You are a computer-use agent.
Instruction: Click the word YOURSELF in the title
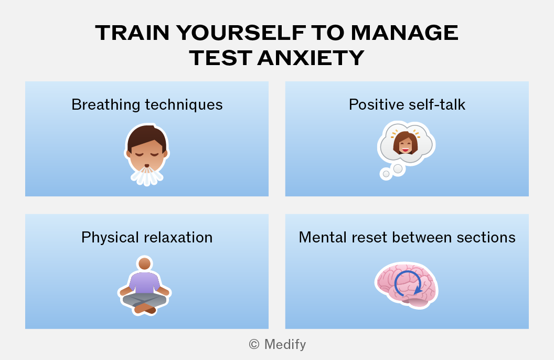pos(241,33)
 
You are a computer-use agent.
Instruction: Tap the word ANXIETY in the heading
pos(311,58)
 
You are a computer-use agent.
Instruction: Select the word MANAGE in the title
pos(404,33)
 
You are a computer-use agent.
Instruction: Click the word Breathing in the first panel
pos(106,105)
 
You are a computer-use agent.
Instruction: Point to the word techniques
pos(184,105)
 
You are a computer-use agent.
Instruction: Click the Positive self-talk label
pos(407,104)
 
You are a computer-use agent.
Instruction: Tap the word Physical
pos(110,238)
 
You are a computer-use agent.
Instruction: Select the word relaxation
pos(178,237)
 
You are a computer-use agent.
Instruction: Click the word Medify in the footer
pos(285,344)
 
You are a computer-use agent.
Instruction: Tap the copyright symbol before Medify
pos(254,344)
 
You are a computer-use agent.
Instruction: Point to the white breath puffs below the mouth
pos(147,176)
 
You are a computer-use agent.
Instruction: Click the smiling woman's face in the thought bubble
pos(406,143)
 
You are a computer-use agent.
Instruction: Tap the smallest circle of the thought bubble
pos(386,174)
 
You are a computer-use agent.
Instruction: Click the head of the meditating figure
pos(144,264)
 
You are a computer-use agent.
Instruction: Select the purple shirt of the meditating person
pos(144,283)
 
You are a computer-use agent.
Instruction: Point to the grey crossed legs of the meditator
pos(144,300)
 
